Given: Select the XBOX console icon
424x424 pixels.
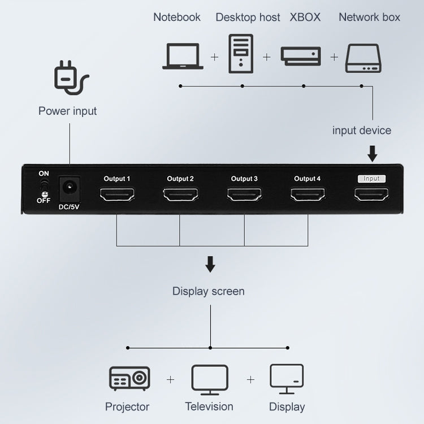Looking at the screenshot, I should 301,57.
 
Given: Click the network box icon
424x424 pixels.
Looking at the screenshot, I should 363,59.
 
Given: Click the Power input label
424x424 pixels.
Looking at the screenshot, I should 67,111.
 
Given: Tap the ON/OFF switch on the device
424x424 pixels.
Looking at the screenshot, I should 44,187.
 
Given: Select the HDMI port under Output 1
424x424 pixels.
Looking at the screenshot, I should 116,196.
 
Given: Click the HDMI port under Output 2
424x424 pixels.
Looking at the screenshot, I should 180,196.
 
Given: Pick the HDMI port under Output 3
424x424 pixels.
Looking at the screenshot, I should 244,196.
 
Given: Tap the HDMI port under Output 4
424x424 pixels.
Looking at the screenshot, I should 308,196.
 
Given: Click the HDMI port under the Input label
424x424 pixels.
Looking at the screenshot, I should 371,195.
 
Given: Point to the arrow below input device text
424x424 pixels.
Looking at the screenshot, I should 372,153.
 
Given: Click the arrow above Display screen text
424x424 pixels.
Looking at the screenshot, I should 210,264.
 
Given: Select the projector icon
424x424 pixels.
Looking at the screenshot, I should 129,379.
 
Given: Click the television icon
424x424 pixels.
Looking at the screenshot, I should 210,379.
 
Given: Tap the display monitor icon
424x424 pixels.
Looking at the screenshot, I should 287,378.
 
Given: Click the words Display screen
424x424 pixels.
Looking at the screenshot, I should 209,292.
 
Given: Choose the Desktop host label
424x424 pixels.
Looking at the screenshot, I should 248,17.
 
